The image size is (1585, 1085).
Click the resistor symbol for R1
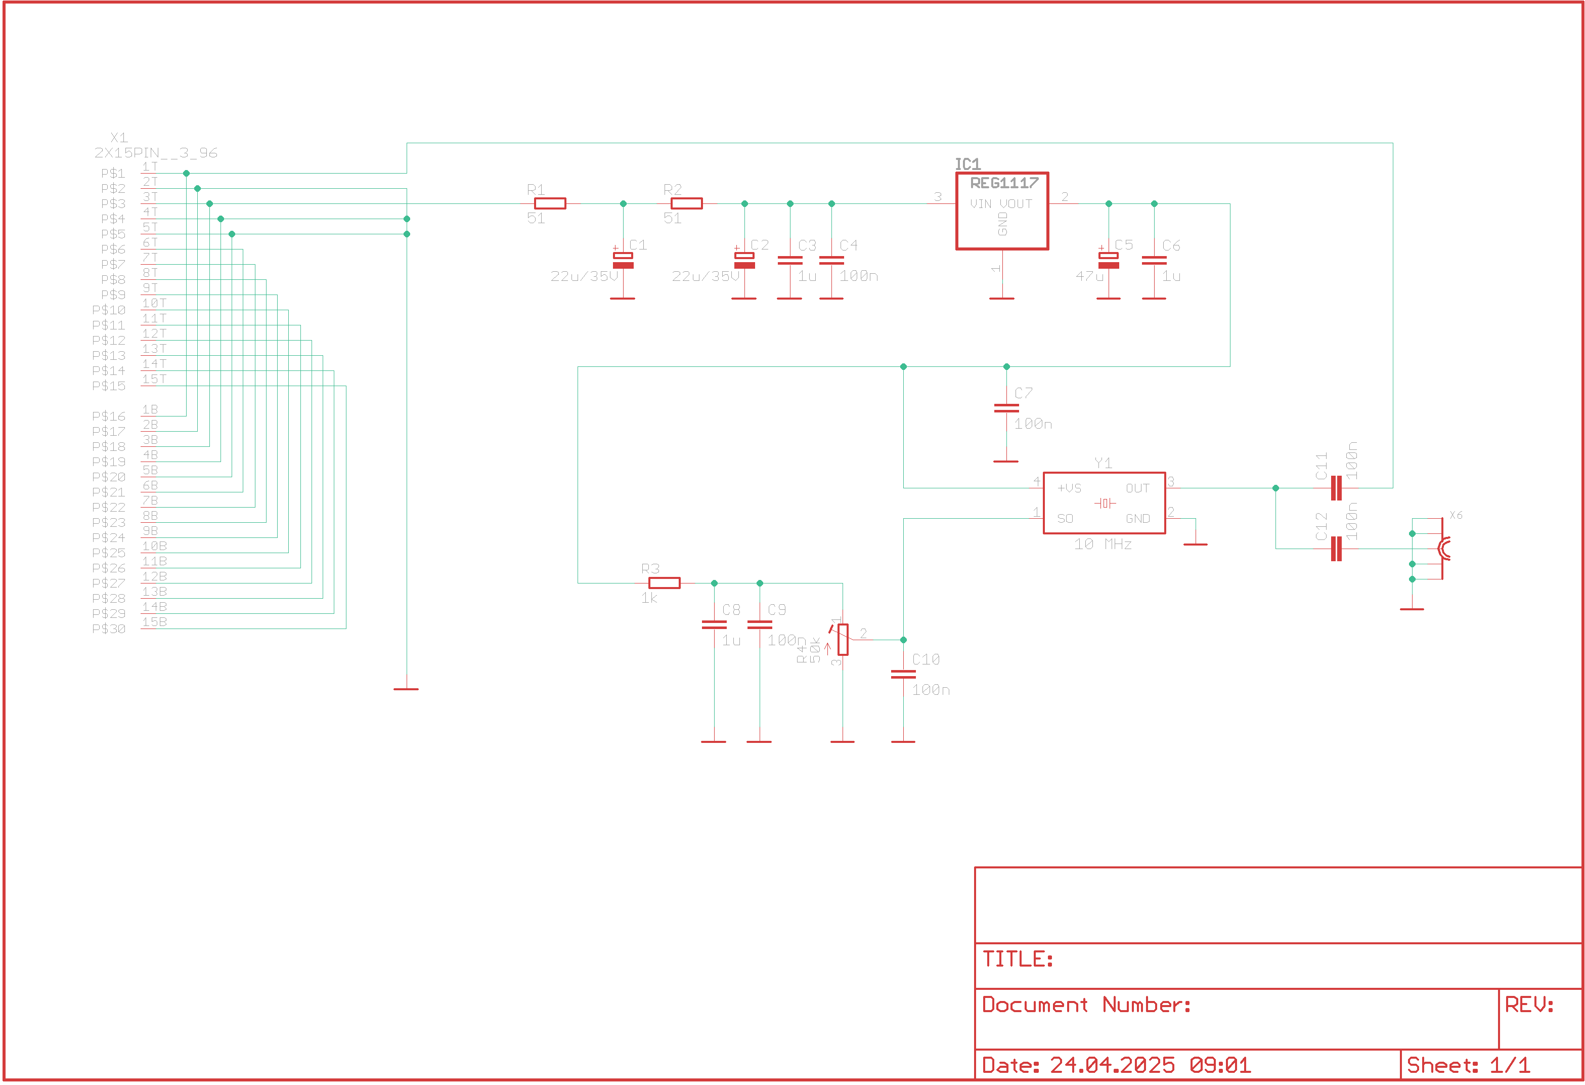click(550, 203)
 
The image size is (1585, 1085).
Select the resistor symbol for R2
click(686, 203)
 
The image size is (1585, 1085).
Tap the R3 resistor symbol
click(664, 583)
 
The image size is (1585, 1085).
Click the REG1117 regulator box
click(1001, 211)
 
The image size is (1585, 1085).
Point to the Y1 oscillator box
click(1104, 503)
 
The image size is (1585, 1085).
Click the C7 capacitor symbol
click(1006, 408)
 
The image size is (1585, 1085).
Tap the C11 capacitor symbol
click(1336, 488)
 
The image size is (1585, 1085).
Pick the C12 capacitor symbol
click(1336, 549)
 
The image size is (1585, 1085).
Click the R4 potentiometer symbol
click(843, 639)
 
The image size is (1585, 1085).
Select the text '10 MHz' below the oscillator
click(1103, 545)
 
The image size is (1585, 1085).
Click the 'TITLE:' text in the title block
click(1018, 959)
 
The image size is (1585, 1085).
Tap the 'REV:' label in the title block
click(1529, 1005)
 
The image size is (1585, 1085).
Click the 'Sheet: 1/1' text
click(1468, 1065)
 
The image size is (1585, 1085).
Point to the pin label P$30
click(109, 629)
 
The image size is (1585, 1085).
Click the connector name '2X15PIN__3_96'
click(156, 153)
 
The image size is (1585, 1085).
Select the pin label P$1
click(113, 174)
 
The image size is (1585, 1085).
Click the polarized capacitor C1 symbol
click(623, 261)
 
